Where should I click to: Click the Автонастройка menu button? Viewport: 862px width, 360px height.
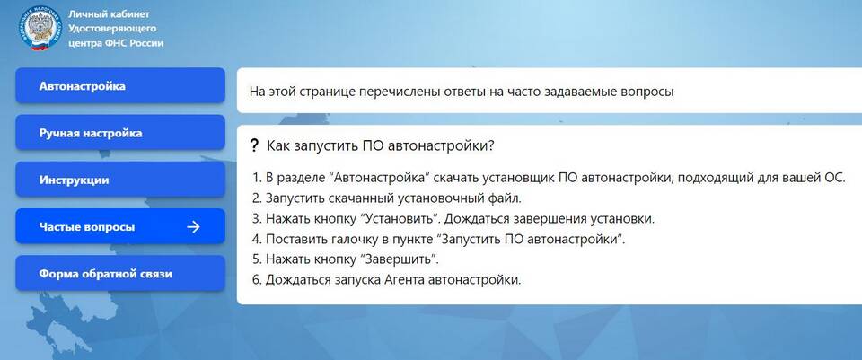(x=119, y=86)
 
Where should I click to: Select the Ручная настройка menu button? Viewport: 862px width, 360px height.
(x=119, y=133)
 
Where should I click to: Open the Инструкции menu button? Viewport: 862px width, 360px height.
(x=119, y=180)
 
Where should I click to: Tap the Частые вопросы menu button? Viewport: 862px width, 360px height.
(x=119, y=226)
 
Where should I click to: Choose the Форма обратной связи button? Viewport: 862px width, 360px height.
(x=119, y=273)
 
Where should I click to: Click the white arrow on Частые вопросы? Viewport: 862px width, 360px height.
(x=193, y=226)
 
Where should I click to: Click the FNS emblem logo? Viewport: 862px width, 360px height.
(x=38, y=28)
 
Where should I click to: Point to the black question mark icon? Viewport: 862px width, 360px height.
(x=253, y=145)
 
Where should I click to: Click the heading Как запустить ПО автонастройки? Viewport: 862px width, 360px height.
(x=381, y=146)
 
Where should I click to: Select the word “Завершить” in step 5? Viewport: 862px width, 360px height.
(x=399, y=259)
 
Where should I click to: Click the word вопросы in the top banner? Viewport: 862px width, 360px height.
(x=646, y=92)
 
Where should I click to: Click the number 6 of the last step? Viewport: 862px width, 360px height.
(x=256, y=280)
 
